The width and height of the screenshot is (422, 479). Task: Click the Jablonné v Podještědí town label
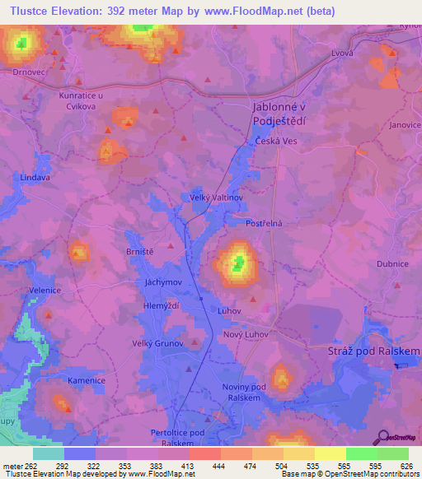point(278,114)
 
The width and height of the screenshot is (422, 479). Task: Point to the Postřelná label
point(265,223)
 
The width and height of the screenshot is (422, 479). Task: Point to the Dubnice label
point(392,264)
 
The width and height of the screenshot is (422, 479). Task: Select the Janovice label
point(405,124)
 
